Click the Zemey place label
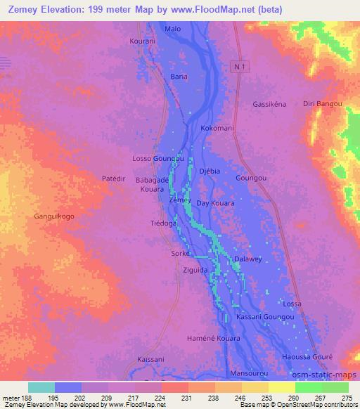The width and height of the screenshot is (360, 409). click(x=180, y=201)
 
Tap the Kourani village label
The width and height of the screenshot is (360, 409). click(x=143, y=41)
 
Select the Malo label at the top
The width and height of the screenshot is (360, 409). click(x=172, y=30)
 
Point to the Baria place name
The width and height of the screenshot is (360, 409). click(x=179, y=76)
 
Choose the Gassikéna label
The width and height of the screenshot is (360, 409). click(x=269, y=104)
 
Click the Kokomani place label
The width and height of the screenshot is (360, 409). click(x=217, y=129)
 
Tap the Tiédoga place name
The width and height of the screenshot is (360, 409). click(x=164, y=224)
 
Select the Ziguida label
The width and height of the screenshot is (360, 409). click(x=195, y=270)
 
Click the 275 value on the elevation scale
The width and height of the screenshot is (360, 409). click(x=347, y=397)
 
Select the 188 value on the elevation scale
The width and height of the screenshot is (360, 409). click(x=27, y=397)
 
